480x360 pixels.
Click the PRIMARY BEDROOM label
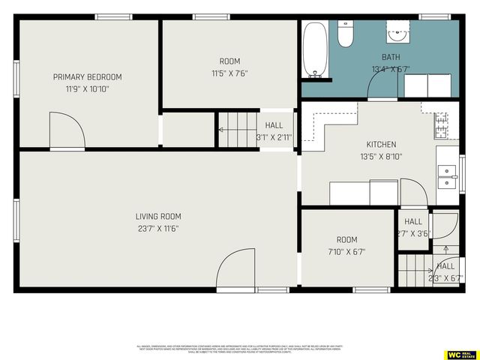click(x=87, y=76)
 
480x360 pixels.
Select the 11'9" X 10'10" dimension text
click(x=87, y=89)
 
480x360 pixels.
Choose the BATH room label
click(x=391, y=57)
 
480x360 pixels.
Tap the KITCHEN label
click(x=381, y=145)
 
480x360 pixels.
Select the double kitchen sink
click(x=447, y=176)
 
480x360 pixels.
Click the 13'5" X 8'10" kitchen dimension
click(x=381, y=157)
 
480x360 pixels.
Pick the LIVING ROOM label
click(x=158, y=216)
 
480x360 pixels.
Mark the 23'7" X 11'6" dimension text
click(x=158, y=228)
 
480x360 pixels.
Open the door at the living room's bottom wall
click(x=235, y=268)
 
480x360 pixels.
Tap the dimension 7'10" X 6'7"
click(x=346, y=252)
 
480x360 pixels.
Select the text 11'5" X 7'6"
click(x=229, y=73)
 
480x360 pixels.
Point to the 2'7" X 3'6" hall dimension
click(x=413, y=233)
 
